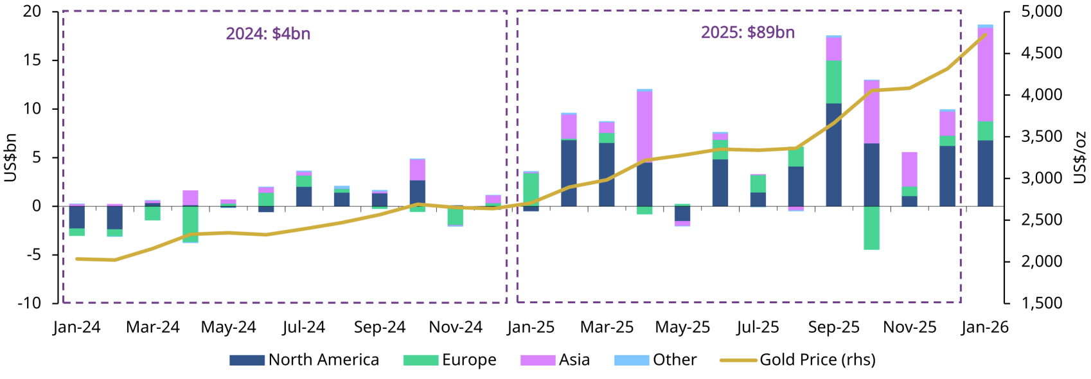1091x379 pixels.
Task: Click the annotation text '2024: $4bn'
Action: pyautogui.click(x=268, y=33)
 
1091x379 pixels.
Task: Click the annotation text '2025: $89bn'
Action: pyautogui.click(x=747, y=32)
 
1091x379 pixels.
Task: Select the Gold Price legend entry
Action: pyautogui.click(x=797, y=360)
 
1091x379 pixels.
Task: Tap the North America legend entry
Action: pyautogui.click(x=304, y=360)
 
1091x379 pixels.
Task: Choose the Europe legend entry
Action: pyautogui.click(x=450, y=360)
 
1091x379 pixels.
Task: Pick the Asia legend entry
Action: pyautogui.click(x=555, y=360)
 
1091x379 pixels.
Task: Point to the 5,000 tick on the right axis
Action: pyautogui.click(x=1042, y=12)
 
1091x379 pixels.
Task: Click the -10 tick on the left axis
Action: pyautogui.click(x=29, y=303)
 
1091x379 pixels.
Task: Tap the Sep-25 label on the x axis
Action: pyautogui.click(x=833, y=327)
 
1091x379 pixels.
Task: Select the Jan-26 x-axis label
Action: pyautogui.click(x=985, y=327)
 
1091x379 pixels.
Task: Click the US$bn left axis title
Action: pyautogui.click(x=10, y=157)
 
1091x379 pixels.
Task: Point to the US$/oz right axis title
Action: pyautogui.click(x=1079, y=157)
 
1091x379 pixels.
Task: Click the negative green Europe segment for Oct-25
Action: pyautogui.click(x=871, y=227)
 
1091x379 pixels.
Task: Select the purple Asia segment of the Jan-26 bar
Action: pyautogui.click(x=985, y=74)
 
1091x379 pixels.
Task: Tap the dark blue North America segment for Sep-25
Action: pyautogui.click(x=833, y=154)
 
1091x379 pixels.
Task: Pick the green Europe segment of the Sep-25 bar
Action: pyautogui.click(x=833, y=82)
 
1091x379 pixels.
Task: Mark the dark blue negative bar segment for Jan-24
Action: pyautogui.click(x=77, y=217)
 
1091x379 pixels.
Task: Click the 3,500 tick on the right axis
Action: pyautogui.click(x=1042, y=136)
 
